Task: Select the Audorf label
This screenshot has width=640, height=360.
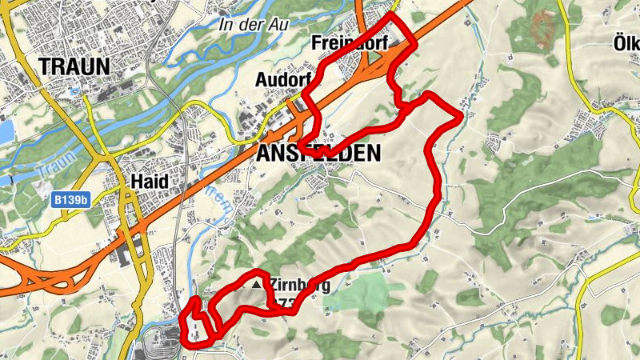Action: point(282,80)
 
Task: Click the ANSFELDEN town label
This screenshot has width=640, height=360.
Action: point(319,154)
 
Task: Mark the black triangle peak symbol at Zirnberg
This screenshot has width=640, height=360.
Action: point(257,284)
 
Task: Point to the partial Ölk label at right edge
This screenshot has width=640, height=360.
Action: point(626,42)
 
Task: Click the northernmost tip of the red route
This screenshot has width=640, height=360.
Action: point(392,14)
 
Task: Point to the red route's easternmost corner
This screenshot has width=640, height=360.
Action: point(461,118)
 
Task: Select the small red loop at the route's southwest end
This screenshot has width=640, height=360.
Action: point(197,323)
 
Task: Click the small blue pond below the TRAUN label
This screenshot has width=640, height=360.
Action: point(74,90)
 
